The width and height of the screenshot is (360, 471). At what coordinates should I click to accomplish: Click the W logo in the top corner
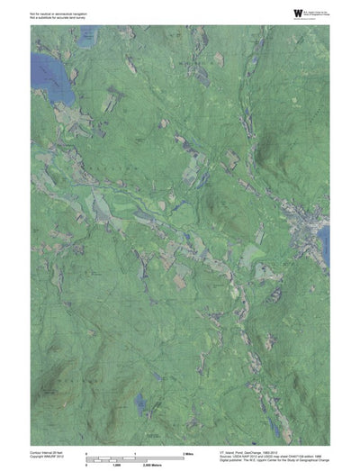298,12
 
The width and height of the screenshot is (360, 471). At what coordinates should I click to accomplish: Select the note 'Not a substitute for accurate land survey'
57,18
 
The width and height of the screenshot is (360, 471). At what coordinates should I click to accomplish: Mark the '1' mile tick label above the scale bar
134,452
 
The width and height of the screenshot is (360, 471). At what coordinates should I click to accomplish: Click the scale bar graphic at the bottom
135,458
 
